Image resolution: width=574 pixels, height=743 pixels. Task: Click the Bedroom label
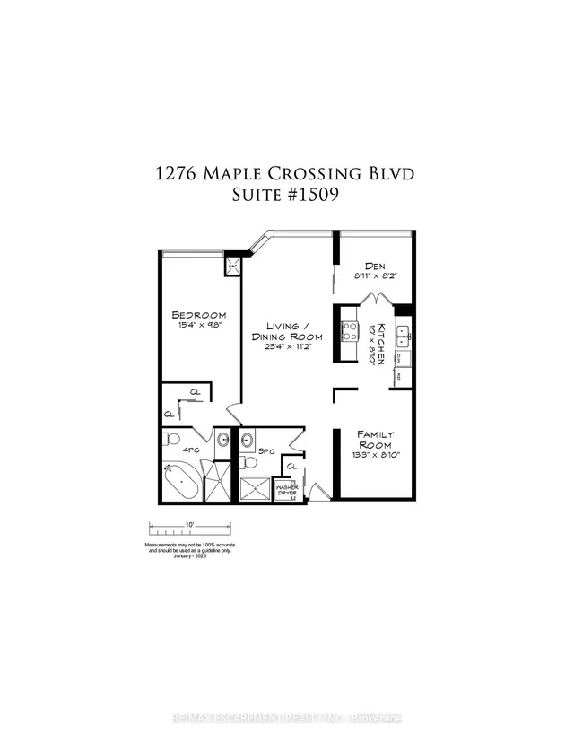[198, 315]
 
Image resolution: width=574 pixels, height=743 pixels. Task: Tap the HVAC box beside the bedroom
[231, 266]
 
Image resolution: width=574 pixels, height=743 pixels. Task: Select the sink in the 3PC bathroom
[247, 440]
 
